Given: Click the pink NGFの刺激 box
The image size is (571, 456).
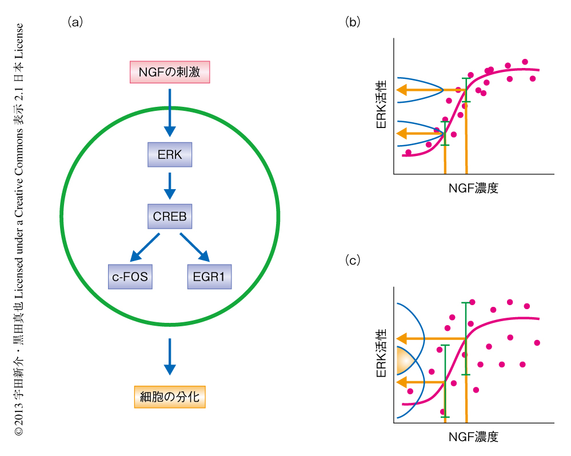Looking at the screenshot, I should [169, 72].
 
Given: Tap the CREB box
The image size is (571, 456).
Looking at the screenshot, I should [169, 217].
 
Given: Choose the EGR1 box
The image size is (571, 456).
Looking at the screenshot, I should [209, 277].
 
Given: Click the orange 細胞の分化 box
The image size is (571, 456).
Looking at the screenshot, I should [169, 395].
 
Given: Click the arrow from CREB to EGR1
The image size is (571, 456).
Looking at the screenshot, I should [194, 246].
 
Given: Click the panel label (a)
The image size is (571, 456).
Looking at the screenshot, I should [75, 22].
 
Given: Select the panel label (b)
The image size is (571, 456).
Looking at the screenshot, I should [353, 22].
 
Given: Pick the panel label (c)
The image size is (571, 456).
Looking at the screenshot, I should [353, 261].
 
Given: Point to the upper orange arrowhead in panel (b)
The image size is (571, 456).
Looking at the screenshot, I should [404, 90].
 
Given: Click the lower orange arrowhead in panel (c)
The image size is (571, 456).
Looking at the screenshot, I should [404, 382].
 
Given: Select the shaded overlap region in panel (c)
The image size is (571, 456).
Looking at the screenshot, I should [405, 361].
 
